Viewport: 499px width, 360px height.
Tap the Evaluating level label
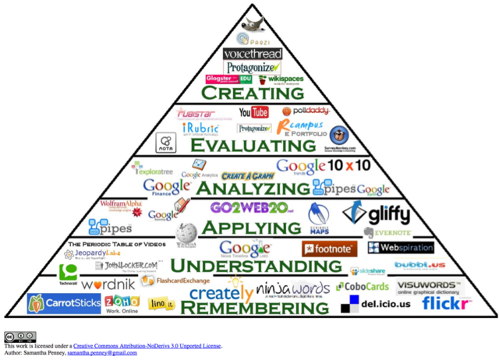pyautogui.click(x=249, y=145)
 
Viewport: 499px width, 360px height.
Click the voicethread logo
pyautogui.click(x=249, y=54)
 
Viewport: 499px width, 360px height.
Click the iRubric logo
pyautogui.click(x=200, y=128)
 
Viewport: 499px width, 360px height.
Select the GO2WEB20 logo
pyautogui.click(x=251, y=208)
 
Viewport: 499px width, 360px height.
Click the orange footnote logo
pyautogui.click(x=328, y=249)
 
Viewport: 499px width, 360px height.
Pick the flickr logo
pyautogui.click(x=447, y=302)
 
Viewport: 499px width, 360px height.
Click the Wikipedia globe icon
pyautogui.click(x=186, y=232)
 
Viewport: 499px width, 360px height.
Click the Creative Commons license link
pyautogui.click(x=147, y=345)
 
